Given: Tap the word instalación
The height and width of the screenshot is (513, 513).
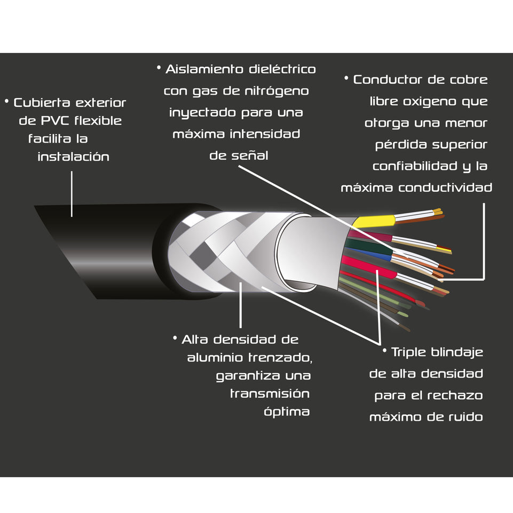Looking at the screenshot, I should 73,157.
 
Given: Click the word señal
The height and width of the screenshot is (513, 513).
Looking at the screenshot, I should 251,155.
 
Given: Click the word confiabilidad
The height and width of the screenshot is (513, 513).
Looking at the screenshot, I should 414,166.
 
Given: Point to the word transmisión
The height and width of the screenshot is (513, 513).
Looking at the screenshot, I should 270,394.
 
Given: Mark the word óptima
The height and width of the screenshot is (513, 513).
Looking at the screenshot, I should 287,412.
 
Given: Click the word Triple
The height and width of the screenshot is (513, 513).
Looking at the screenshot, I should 410,352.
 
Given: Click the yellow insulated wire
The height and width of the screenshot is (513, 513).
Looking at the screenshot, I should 375,220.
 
